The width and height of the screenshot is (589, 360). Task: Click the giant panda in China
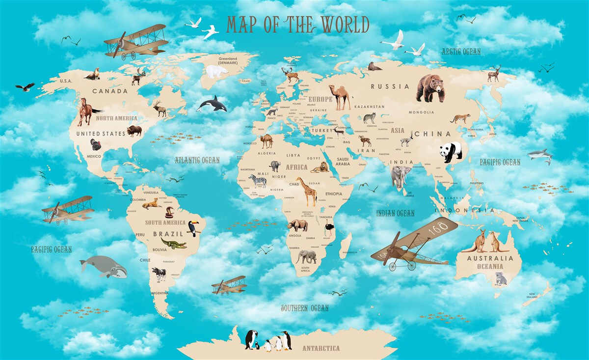pyautogui.click(x=451, y=152)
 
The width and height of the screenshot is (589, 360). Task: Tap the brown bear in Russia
pyautogui.click(x=430, y=88)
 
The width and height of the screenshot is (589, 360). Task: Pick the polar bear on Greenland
pyautogui.click(x=216, y=72)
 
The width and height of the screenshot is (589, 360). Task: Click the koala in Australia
pyautogui.click(x=500, y=278)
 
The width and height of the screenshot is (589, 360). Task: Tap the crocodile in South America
pyautogui.click(x=173, y=244)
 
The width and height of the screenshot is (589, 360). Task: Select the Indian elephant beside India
pyautogui.click(x=401, y=176)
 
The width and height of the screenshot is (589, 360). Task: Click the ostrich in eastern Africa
pyautogui.click(x=329, y=229)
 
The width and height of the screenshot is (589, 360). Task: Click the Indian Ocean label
pyautogui.click(x=395, y=213)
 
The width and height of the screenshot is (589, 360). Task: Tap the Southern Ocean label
pyautogui.click(x=304, y=308)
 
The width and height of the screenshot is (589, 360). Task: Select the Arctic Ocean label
pyautogui.click(x=461, y=51)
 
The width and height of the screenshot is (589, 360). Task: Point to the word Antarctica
pyautogui.click(x=321, y=348)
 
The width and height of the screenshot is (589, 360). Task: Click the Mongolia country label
pyautogui.click(x=421, y=112)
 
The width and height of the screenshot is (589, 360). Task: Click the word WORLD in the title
pyautogui.click(x=345, y=25)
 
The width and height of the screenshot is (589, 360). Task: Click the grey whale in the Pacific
pyautogui.click(x=103, y=267)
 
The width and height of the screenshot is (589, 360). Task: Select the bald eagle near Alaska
pyautogui.click(x=25, y=87)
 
